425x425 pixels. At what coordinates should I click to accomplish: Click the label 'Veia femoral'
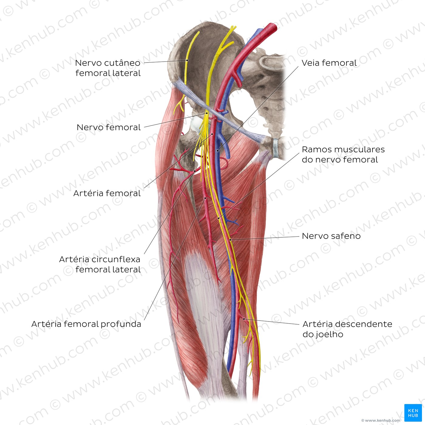[x=329, y=63]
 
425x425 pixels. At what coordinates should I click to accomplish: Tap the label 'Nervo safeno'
[x=331, y=236]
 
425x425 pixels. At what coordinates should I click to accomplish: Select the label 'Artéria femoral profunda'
[x=86, y=324]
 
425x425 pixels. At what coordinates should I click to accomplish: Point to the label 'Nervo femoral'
[x=108, y=127]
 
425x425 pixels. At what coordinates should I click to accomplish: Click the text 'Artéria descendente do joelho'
[x=347, y=329]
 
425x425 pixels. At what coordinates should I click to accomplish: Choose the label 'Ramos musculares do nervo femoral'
[x=343, y=155]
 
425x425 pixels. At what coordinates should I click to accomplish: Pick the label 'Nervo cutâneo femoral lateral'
[x=108, y=68]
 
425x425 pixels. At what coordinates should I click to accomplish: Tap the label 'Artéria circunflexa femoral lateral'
[x=100, y=264]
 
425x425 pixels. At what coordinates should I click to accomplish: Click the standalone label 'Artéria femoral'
[x=107, y=193]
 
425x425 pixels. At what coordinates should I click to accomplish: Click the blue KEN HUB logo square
[x=413, y=413]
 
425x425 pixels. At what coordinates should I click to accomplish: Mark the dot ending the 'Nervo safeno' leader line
[x=230, y=240]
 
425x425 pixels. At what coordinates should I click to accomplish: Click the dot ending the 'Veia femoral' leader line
[x=217, y=151]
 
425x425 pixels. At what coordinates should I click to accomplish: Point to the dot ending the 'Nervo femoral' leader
[x=207, y=113]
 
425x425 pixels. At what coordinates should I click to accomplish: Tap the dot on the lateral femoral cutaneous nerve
[x=187, y=60]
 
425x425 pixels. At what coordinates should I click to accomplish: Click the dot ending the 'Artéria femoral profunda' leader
[x=205, y=198]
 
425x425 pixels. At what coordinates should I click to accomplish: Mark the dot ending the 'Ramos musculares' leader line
[x=219, y=218]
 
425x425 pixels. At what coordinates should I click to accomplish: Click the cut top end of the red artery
[x=274, y=27]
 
